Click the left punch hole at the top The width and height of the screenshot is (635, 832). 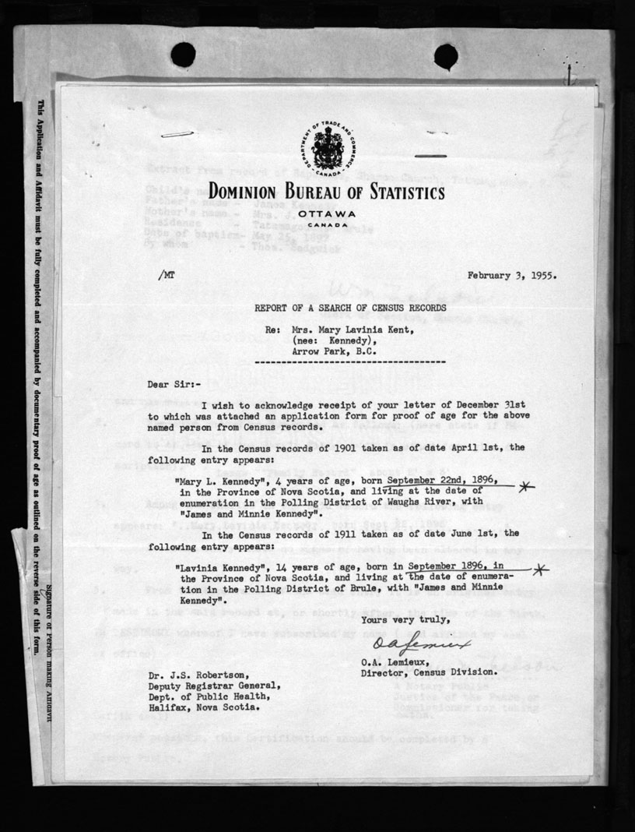click(x=183, y=55)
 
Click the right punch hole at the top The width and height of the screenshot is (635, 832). click(x=446, y=56)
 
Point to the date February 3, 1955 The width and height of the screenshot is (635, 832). click(x=512, y=275)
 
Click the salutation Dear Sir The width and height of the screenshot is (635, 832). click(x=173, y=383)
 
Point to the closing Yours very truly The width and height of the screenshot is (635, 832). click(x=405, y=620)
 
